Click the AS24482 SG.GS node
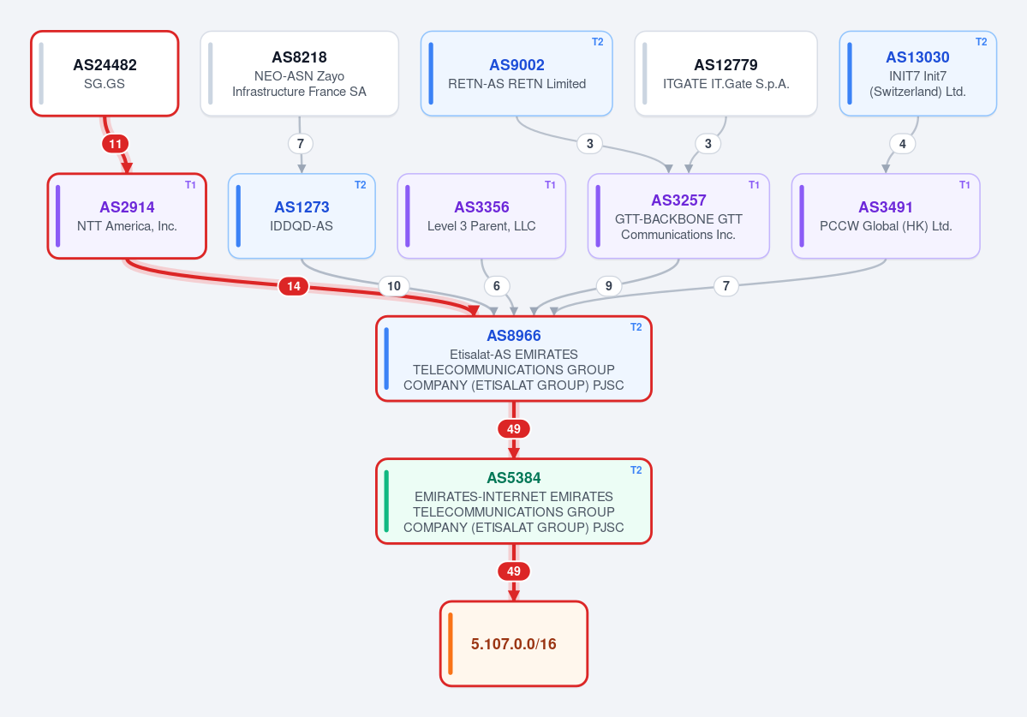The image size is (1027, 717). point(104,74)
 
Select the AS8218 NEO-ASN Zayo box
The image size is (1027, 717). point(299,74)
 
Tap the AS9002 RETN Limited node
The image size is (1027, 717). point(516,74)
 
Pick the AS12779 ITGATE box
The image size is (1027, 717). point(725,74)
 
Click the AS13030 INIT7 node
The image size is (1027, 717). point(917,74)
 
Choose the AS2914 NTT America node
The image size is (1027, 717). point(127,216)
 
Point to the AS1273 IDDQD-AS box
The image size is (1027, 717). point(302,216)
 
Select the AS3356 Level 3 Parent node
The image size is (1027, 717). point(481,216)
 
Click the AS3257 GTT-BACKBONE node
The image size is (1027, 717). point(678,216)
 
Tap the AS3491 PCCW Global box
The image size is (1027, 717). point(886,216)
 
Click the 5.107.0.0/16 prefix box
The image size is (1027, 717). point(514,643)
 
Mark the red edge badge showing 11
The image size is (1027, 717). point(116,144)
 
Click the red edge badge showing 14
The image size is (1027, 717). point(294,286)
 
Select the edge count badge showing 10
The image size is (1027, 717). point(394,286)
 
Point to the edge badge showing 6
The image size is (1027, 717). point(497,286)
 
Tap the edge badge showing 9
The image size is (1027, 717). point(608,286)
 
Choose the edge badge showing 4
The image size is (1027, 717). point(903,144)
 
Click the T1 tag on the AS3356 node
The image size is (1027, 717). point(550,185)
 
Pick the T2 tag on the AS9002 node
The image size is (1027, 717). point(597,42)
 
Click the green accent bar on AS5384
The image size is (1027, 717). point(386,501)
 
